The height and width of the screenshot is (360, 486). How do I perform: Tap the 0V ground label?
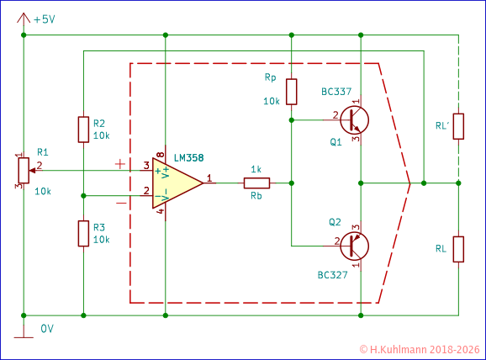tap(48, 329)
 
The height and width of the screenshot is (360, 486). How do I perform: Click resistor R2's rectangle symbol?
tap(83, 129)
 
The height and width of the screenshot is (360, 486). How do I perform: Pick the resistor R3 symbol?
tap(83, 233)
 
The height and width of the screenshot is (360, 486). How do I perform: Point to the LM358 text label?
tap(188, 157)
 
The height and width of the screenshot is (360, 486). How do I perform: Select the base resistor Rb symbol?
tap(256, 183)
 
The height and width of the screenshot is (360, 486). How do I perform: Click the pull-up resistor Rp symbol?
tap(291, 91)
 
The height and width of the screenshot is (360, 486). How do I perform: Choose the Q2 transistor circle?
tap(356, 246)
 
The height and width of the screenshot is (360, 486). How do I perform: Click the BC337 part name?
tap(335, 92)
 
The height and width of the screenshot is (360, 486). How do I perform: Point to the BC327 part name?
tap(333, 274)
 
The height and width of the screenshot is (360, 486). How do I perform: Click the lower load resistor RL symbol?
tap(458, 249)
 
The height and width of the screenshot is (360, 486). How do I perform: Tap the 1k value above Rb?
tap(256, 169)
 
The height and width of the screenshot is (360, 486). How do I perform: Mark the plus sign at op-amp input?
tap(121, 164)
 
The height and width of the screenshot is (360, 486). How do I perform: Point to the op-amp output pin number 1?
tap(209, 177)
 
